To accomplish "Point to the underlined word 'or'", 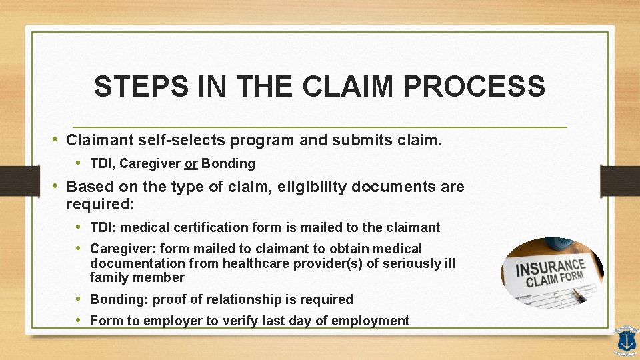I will coord(191,163).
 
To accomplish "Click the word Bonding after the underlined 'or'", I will coord(228,163).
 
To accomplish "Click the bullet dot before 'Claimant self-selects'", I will coord(55,141).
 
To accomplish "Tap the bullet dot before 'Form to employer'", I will coord(79,321).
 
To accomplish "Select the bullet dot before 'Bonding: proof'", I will coord(79,299).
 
